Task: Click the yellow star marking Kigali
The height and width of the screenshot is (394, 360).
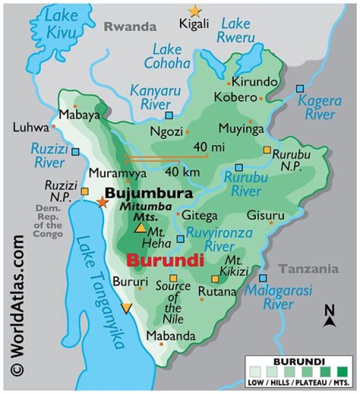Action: pyautogui.click(x=194, y=10)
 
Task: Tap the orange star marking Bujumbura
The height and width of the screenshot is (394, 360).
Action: pyautogui.click(x=102, y=201)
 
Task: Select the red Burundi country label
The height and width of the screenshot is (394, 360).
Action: pyautogui.click(x=165, y=260)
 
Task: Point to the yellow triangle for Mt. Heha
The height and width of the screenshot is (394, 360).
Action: pyautogui.click(x=141, y=228)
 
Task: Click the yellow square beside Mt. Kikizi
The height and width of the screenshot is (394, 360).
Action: pyautogui.click(x=215, y=278)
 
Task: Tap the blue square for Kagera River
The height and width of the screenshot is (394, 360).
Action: pyautogui.click(x=299, y=88)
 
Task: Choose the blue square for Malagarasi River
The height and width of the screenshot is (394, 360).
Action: pyautogui.click(x=263, y=278)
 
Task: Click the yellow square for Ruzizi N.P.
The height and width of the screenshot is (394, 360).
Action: pyautogui.click(x=85, y=191)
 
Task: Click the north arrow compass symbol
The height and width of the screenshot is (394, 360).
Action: pyautogui.click(x=329, y=316)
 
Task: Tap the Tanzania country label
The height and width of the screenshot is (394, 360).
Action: pyautogui.click(x=308, y=269)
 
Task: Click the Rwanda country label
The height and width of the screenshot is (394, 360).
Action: pyautogui.click(x=130, y=27)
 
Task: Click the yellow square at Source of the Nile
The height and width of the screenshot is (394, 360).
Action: pyautogui.click(x=173, y=278)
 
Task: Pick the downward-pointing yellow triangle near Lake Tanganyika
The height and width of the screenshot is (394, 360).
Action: pyautogui.click(x=127, y=308)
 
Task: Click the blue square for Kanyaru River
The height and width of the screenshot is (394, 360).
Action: pyautogui.click(x=169, y=115)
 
